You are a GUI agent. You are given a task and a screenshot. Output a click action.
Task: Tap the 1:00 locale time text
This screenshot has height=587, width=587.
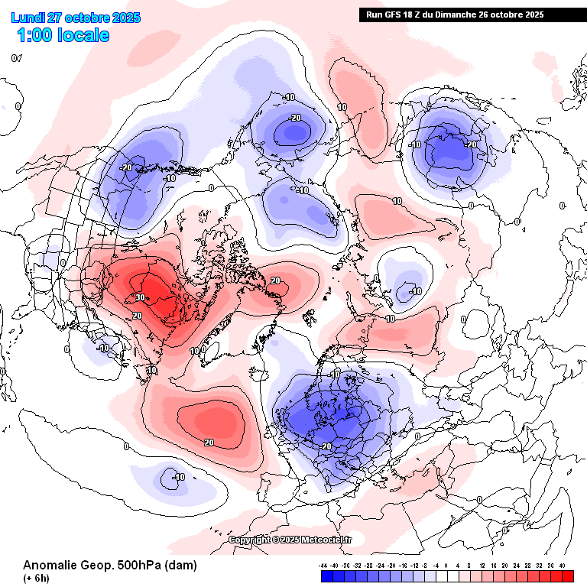click(63, 35)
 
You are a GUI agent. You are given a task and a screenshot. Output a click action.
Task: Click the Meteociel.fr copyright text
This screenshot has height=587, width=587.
click(291, 540)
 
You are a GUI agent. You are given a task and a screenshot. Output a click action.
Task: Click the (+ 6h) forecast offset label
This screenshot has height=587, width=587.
click(37, 578)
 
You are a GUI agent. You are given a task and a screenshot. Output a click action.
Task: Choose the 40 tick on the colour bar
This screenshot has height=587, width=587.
click(563, 566)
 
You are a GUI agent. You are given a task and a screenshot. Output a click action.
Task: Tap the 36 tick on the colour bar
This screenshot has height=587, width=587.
click(551, 566)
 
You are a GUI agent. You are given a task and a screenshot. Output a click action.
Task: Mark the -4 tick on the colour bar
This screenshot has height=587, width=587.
click(437, 566)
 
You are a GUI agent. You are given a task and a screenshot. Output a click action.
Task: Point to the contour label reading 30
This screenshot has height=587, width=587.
click(141, 297)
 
